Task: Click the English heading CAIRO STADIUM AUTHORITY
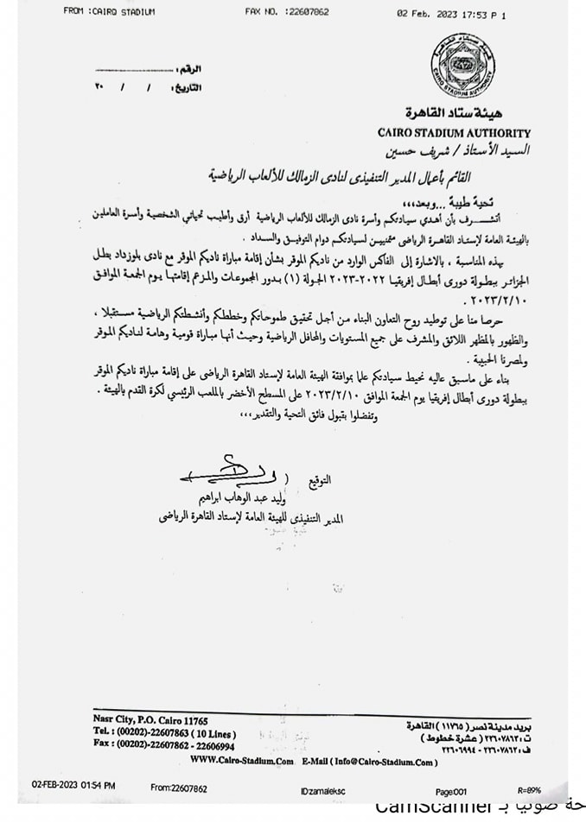click(x=454, y=133)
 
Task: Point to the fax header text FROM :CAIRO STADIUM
click(x=109, y=11)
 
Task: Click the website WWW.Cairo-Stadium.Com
click(x=240, y=760)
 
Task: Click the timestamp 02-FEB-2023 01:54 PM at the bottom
click(x=73, y=788)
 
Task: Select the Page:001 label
click(x=451, y=789)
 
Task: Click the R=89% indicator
click(x=529, y=789)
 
